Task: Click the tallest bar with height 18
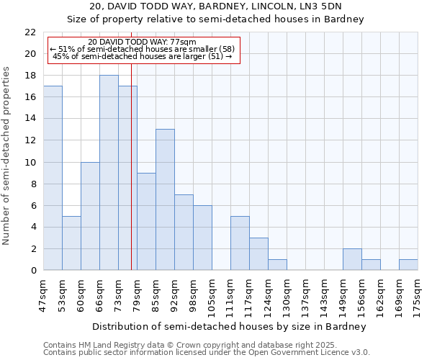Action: [x=109, y=173]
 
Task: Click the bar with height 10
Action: [x=90, y=216]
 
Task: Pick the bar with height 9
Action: [x=146, y=221]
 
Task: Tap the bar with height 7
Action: [x=184, y=232]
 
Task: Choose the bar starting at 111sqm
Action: [x=240, y=243]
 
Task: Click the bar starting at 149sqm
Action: [x=352, y=259]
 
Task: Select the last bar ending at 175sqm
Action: [x=408, y=264]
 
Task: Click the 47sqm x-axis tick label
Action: [x=43, y=292]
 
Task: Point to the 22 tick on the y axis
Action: [x=30, y=32]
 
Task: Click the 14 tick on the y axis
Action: [x=30, y=119]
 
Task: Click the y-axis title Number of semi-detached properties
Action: [x=7, y=156]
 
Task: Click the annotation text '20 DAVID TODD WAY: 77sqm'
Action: [x=142, y=42]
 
